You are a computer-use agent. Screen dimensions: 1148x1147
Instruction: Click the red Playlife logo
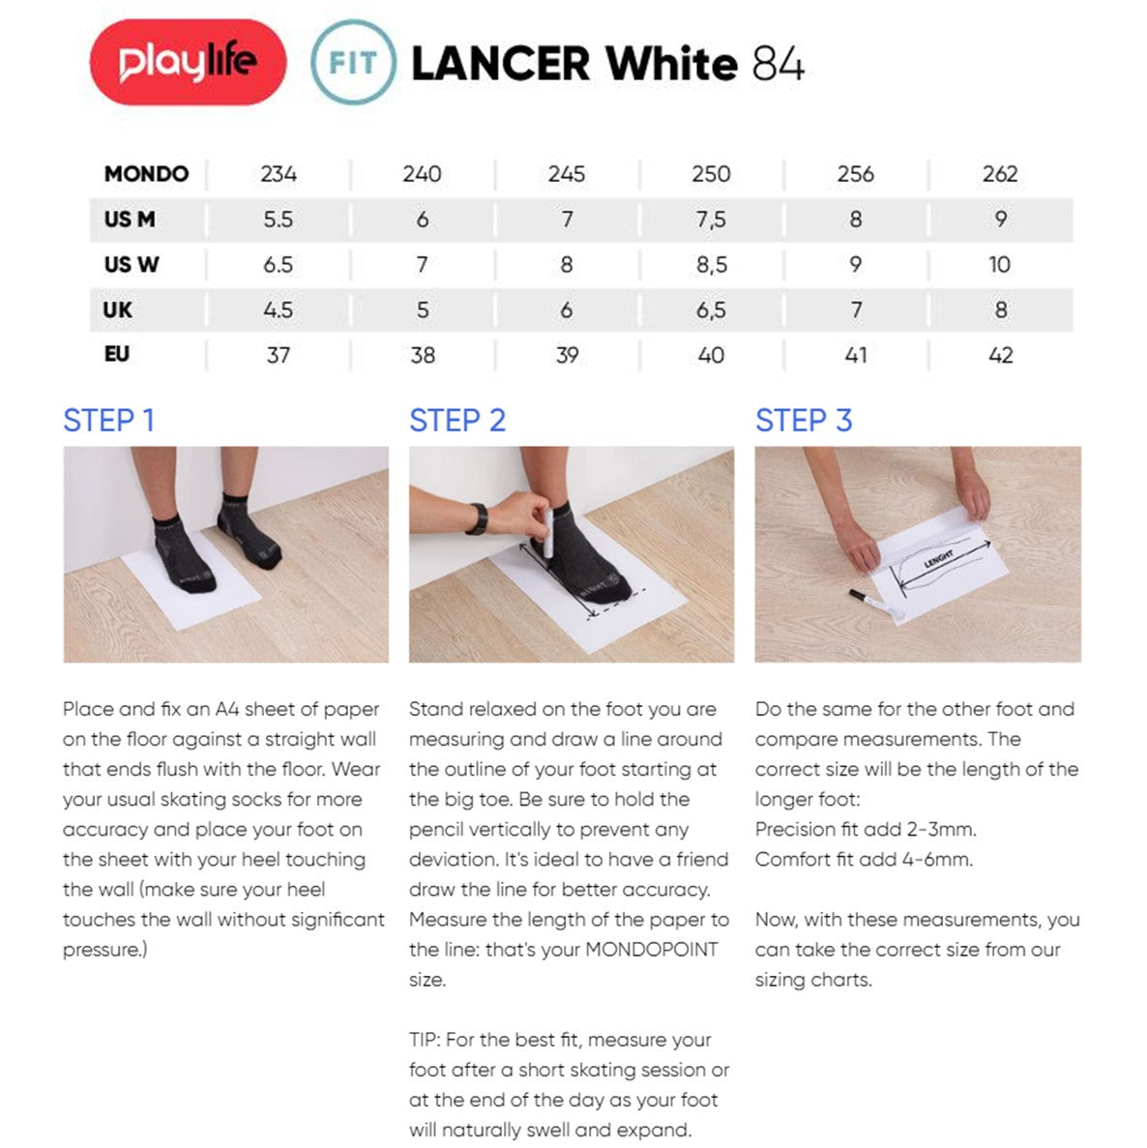pyautogui.click(x=188, y=63)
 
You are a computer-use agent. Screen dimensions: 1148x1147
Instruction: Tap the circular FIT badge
pyautogui.click(x=353, y=63)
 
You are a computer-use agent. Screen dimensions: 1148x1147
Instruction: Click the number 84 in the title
pyautogui.click(x=778, y=65)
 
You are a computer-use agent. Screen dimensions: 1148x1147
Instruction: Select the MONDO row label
pyautogui.click(x=146, y=174)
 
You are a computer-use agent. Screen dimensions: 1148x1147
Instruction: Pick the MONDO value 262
pyautogui.click(x=999, y=174)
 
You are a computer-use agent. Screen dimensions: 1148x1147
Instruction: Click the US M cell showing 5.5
pyautogui.click(x=278, y=220)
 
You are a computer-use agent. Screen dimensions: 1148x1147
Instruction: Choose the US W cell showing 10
pyautogui.click(x=999, y=265)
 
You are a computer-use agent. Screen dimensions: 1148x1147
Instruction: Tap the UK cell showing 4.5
pyautogui.click(x=278, y=310)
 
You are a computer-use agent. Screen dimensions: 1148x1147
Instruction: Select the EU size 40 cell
pyautogui.click(x=711, y=355)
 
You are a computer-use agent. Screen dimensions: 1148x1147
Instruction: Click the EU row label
pyautogui.click(x=117, y=355)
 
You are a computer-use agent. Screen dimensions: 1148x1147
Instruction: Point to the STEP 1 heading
pyautogui.click(x=108, y=421)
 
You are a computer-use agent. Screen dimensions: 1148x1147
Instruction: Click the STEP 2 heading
pyautogui.click(x=456, y=421)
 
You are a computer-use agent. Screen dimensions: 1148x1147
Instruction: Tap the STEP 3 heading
pyautogui.click(x=803, y=421)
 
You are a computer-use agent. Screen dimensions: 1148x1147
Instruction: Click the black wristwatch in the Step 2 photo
pyautogui.click(x=477, y=518)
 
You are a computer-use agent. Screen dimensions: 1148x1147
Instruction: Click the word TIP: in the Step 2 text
pyautogui.click(x=426, y=1040)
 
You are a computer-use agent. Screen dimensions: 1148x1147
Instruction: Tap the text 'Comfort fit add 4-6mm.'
pyautogui.click(x=864, y=859)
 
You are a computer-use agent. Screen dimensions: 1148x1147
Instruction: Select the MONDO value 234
pyautogui.click(x=278, y=174)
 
